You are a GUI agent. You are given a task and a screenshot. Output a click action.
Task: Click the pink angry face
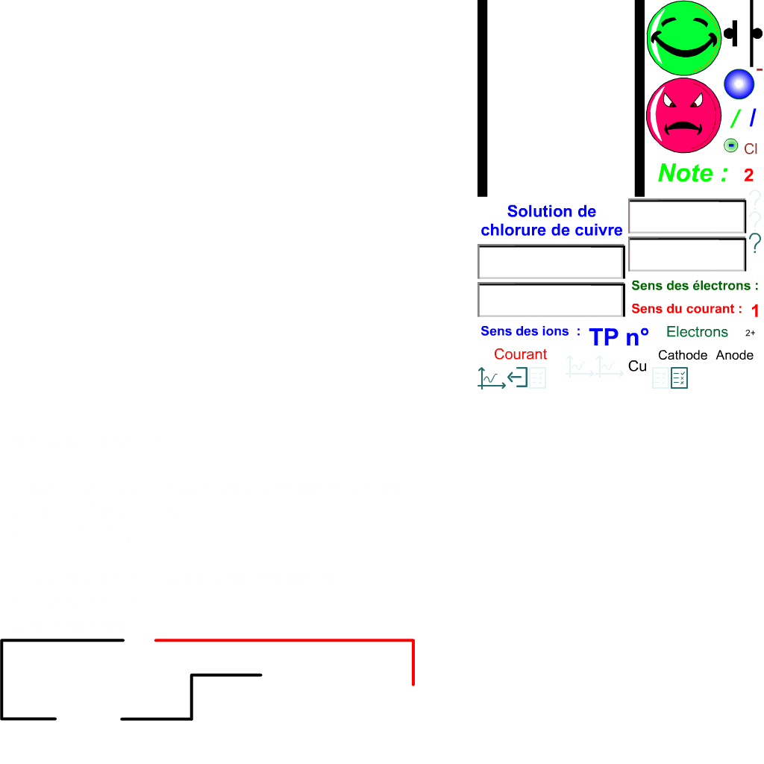(x=683, y=116)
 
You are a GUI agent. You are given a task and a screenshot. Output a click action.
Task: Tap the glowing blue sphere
(x=739, y=84)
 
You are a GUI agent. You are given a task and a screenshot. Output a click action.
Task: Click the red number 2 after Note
(x=748, y=175)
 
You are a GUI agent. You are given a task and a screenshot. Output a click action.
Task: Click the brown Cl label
(x=751, y=149)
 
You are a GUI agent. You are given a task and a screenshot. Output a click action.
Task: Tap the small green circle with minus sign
(x=731, y=145)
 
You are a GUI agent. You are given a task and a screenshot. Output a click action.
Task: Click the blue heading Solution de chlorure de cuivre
(x=551, y=221)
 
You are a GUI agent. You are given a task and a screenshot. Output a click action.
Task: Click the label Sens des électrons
(x=695, y=286)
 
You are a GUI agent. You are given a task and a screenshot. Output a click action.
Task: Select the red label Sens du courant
(x=686, y=309)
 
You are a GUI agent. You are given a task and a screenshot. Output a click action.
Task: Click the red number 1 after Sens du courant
(x=755, y=310)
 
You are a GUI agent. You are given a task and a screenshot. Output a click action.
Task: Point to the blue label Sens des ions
(x=530, y=331)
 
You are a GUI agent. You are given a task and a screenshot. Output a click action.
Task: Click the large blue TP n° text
(x=619, y=337)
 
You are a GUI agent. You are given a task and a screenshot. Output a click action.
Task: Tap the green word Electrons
(x=697, y=332)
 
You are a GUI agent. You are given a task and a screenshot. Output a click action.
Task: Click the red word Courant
(x=520, y=354)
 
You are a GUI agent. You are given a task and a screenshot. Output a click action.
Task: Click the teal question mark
(x=755, y=242)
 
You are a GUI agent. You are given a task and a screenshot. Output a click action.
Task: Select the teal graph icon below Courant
(x=490, y=378)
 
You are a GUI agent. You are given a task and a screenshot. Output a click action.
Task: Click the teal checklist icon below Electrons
(x=679, y=378)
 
